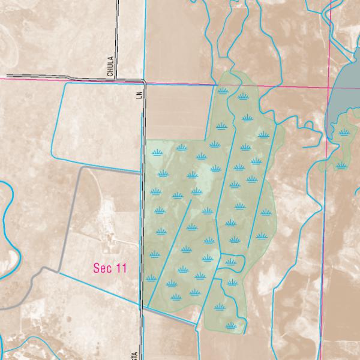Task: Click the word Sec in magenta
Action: tap(103, 268)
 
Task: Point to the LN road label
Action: tap(139, 95)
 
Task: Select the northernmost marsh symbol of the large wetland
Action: tap(223, 91)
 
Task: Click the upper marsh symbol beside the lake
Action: tap(343, 133)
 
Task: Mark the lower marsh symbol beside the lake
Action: tap(341, 165)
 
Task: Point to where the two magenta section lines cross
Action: tap(328, 88)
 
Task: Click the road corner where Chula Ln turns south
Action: tap(143, 81)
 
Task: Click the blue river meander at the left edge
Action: tap(7, 210)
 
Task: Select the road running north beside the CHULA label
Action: tap(116, 36)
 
